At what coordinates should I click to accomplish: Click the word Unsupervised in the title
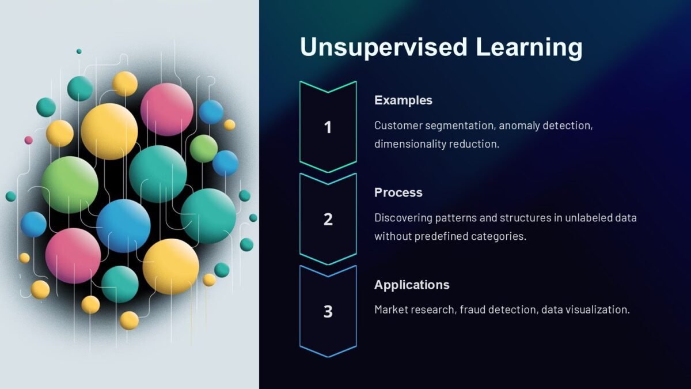(x=384, y=47)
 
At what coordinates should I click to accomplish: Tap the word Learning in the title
(x=529, y=47)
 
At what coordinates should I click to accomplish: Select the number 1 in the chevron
(x=328, y=127)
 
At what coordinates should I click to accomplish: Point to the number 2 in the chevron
(x=328, y=219)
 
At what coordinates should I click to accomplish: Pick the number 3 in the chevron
(x=328, y=311)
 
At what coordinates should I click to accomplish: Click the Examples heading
(x=403, y=100)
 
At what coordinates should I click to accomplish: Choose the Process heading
(x=398, y=192)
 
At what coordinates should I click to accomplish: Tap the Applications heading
(x=412, y=285)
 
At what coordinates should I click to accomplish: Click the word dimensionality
(x=410, y=144)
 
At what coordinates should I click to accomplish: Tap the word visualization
(x=599, y=309)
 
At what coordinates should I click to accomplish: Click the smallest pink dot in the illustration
(x=28, y=140)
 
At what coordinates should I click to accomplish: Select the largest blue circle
(x=123, y=226)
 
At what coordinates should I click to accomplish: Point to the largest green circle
(x=70, y=184)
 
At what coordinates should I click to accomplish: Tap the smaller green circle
(x=204, y=149)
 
